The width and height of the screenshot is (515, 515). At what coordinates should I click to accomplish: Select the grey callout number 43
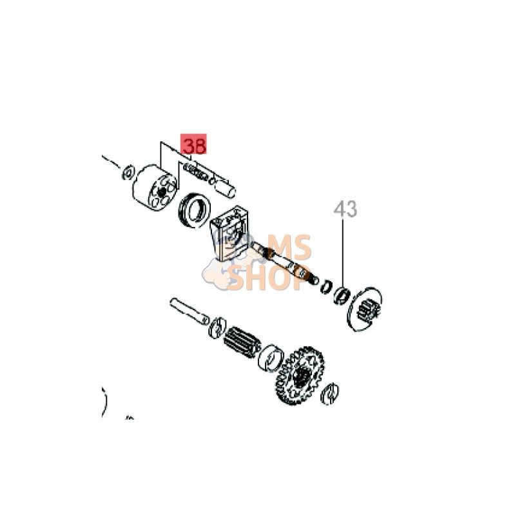345,209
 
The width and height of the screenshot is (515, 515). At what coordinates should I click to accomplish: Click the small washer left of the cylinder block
128,171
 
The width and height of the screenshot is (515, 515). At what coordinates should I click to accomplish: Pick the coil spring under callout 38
196,171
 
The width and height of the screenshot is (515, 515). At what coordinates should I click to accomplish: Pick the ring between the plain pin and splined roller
215,327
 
